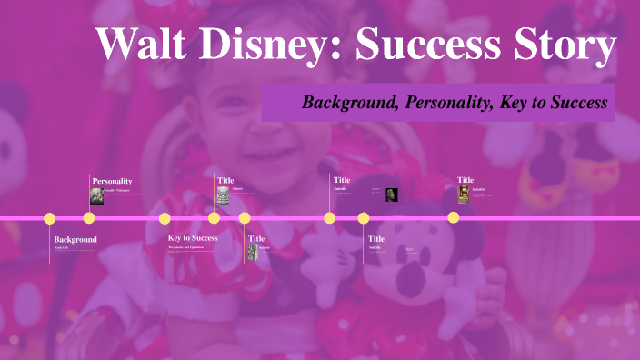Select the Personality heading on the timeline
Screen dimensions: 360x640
[112, 181]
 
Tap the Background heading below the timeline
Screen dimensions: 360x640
[75, 239]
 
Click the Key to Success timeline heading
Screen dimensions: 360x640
[193, 238]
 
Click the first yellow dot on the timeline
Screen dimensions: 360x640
[50, 218]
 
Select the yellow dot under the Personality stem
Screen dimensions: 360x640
[89, 218]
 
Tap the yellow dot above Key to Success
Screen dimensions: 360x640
[165, 218]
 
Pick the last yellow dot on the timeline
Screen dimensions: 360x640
[453, 218]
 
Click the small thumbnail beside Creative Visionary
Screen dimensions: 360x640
[96, 196]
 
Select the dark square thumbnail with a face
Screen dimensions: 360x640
[391, 195]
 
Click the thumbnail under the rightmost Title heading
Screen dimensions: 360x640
[464, 195]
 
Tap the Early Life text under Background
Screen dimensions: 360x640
[61, 247]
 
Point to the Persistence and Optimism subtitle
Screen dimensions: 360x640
[192, 246]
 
